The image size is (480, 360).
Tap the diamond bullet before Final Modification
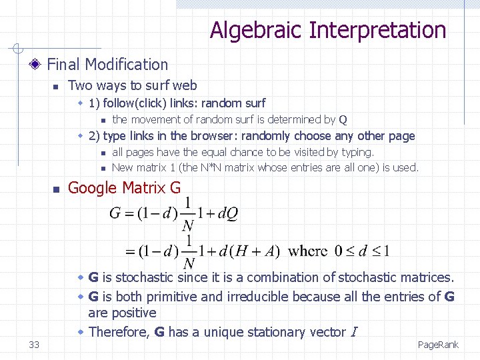(36, 65)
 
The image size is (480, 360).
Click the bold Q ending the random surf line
(343, 120)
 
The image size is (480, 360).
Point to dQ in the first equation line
(227, 213)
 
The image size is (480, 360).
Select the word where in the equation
(309, 251)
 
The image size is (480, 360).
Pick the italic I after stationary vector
(354, 332)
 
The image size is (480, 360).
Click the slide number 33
(34, 345)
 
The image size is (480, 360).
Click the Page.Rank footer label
(438, 345)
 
